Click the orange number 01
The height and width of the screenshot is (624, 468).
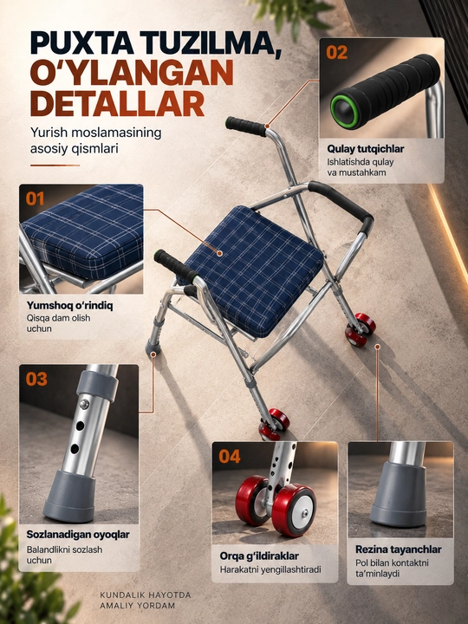point(35,198)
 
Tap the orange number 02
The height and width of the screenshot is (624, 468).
point(336,52)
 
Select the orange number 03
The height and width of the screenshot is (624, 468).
point(36,379)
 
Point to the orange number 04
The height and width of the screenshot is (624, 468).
point(230,456)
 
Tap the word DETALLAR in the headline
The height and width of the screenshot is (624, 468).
point(117,104)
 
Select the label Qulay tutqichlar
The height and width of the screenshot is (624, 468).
point(366,149)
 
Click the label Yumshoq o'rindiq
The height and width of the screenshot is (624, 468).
point(69,305)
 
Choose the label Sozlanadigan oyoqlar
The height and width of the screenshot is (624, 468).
point(78,534)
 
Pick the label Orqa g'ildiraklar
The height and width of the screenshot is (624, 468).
point(259,556)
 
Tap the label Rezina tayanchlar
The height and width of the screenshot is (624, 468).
point(398,549)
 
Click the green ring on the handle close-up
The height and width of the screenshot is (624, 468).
point(344,111)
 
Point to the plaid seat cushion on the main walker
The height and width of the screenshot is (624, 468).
point(253,271)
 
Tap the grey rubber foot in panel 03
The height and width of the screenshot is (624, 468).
point(68,497)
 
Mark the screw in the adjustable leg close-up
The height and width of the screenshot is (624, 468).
point(84,405)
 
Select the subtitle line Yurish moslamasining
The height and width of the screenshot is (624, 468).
point(96,133)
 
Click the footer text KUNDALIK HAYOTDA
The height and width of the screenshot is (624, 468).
point(146,595)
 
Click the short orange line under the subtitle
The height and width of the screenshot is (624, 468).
point(55,166)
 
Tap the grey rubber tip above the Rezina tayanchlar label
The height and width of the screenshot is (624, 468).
point(399,495)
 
